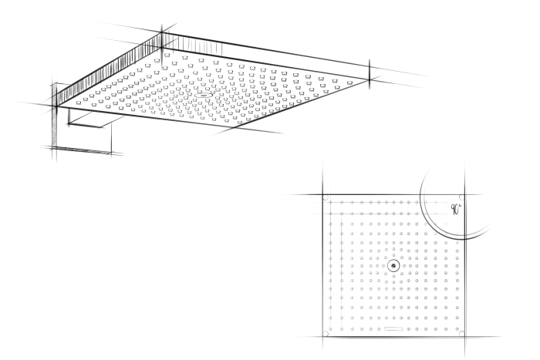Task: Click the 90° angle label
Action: pyautogui.click(x=456, y=209)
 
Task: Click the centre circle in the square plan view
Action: pyautogui.click(x=393, y=266)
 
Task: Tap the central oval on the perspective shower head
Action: pyautogui.click(x=203, y=96)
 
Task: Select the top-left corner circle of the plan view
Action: pyautogui.click(x=326, y=197)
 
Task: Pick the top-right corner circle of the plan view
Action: pyautogui.click(x=461, y=197)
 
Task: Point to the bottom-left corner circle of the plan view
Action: pyautogui.click(x=325, y=334)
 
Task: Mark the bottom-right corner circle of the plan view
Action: pyautogui.click(x=462, y=333)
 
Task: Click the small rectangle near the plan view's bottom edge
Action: pyautogui.click(x=393, y=328)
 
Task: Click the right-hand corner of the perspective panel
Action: pyautogui.click(x=370, y=79)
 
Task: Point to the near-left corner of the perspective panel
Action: pyautogui.click(x=56, y=106)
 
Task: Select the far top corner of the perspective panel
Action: pyautogui.click(x=162, y=33)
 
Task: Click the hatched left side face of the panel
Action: pyautogui.click(x=109, y=69)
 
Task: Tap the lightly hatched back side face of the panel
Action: pyautogui.click(x=193, y=45)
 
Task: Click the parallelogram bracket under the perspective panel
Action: pyautogui.click(x=96, y=121)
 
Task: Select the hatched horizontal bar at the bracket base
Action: pyautogui.click(x=82, y=150)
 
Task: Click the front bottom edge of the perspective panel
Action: pyautogui.click(x=145, y=117)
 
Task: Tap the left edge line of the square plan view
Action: pyautogui.click(x=323, y=266)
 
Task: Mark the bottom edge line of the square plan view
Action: pyautogui.click(x=393, y=336)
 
